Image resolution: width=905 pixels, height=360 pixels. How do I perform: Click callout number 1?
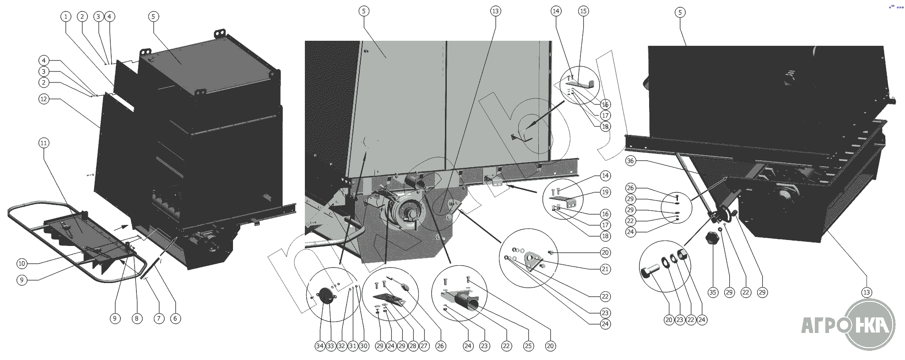(x=66, y=17)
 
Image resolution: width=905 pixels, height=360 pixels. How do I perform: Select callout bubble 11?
(x=44, y=143)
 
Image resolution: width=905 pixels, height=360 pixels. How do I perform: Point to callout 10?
(x=22, y=263)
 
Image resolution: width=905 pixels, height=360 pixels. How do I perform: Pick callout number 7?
(x=158, y=319)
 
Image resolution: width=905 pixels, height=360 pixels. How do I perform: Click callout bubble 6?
(x=176, y=319)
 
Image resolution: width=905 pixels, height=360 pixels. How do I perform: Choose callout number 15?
(x=583, y=11)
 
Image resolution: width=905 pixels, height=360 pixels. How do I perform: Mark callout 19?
(x=605, y=192)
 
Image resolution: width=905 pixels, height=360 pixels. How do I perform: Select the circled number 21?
(x=605, y=269)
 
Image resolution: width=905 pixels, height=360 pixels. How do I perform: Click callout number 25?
(x=528, y=346)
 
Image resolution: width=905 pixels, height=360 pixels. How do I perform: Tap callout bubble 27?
(x=424, y=346)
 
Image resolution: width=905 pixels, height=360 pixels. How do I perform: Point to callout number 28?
(x=413, y=346)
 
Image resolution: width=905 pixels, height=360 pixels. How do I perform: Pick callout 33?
(x=331, y=346)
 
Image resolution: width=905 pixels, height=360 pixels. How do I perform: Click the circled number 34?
(x=320, y=346)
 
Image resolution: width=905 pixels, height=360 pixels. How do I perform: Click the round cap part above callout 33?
(x=325, y=295)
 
